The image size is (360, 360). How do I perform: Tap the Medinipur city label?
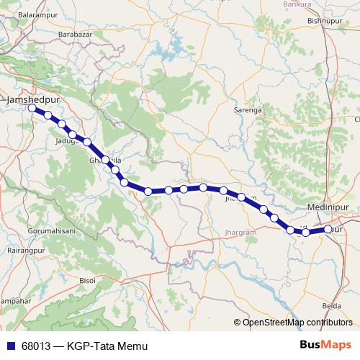coord(327,207)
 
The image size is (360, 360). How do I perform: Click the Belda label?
coord(331,305)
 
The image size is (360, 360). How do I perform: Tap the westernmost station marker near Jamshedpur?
coord(32,108)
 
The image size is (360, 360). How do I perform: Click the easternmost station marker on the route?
coord(328,229)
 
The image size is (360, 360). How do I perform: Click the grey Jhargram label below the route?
coord(241,233)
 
